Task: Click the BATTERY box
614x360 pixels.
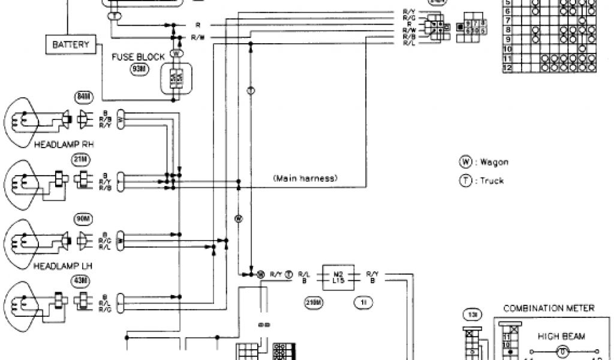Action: (71, 44)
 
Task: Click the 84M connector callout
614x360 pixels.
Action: (82, 96)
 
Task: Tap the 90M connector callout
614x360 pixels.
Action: (81, 218)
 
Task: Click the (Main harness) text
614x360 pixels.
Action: (305, 178)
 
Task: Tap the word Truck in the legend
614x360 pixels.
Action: (489, 181)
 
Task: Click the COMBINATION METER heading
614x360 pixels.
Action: (549, 308)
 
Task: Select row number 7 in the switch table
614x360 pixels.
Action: (507, 20)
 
